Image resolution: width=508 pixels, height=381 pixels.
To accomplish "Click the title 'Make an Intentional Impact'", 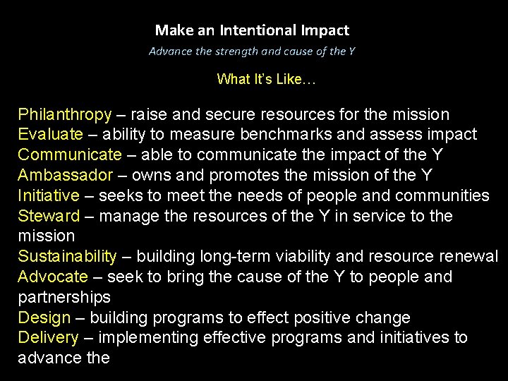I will (252, 30).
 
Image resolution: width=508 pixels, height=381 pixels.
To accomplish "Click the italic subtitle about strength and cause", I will (252, 51).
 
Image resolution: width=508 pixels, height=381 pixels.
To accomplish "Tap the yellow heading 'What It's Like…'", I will (267, 79).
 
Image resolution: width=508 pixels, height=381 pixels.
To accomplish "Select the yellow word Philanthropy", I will (65, 114).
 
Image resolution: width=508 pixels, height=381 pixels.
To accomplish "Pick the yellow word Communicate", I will (70, 155).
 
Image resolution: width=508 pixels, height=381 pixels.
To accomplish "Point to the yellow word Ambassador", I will (66, 175).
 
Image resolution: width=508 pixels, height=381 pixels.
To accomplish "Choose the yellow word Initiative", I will (49, 195).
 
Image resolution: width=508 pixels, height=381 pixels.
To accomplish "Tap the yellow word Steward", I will (49, 215).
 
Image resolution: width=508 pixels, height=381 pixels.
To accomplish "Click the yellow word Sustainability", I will (67, 256).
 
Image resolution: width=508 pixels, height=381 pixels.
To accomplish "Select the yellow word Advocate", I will (53, 277).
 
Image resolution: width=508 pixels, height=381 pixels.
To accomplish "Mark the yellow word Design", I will (44, 317).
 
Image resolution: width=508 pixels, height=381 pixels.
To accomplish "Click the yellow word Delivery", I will (48, 338).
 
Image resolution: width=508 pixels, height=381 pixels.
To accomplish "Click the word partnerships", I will (64, 297).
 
